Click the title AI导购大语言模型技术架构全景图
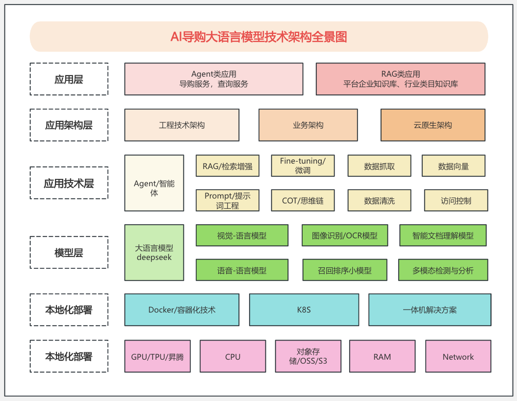[258, 37]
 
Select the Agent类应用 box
[213, 79]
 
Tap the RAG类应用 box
[400, 79]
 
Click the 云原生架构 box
[433, 125]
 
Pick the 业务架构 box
[308, 125]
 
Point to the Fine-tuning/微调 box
[303, 166]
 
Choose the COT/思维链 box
[303, 200]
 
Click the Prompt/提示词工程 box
[227, 200]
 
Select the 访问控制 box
[456, 200]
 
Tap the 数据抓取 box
[379, 166]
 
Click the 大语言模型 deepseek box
[154, 253]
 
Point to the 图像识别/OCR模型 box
[345, 235]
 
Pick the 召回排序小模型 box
[345, 270]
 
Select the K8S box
[304, 310]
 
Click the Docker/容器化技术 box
[181, 310]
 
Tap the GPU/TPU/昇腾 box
[157, 357]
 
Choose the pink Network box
[458, 357]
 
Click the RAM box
[382, 357]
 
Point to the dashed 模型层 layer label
[69, 253]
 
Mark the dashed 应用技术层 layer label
[69, 183]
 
